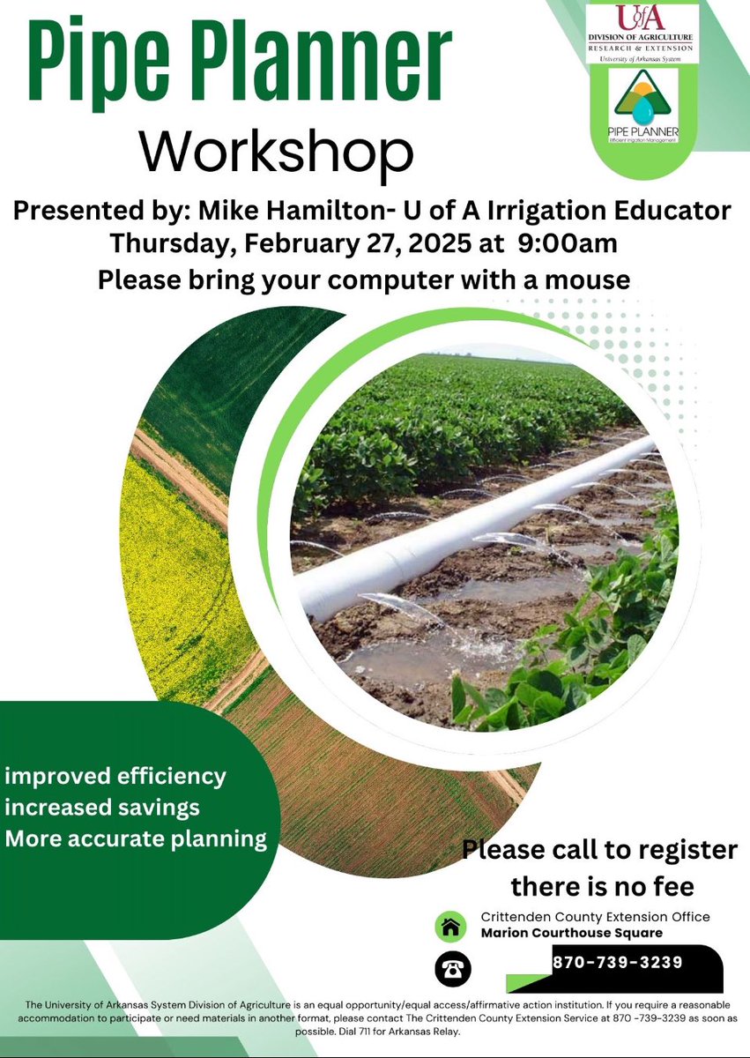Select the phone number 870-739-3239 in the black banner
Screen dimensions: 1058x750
click(617, 961)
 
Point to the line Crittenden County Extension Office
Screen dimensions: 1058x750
click(595, 917)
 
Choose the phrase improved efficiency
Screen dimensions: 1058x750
click(115, 777)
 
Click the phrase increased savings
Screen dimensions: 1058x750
click(102, 807)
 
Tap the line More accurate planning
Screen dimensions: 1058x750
click(136, 838)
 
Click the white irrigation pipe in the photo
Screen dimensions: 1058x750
click(476, 538)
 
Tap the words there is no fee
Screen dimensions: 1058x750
click(598, 883)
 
